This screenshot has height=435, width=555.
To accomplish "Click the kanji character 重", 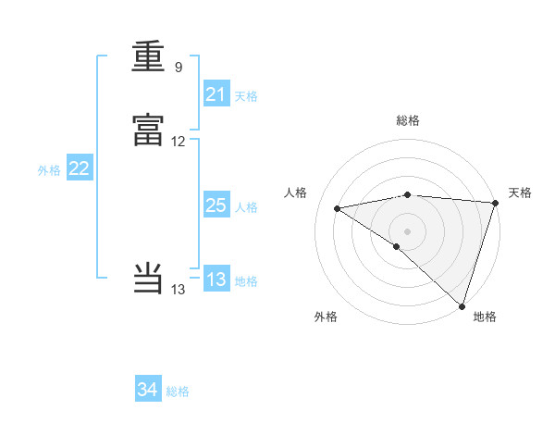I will (148, 58).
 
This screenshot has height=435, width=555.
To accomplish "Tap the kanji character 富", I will (148, 132).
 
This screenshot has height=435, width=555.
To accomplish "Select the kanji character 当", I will (148, 280).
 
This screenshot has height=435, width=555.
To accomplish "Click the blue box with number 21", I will (216, 94).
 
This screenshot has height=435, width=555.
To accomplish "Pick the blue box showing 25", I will (216, 206).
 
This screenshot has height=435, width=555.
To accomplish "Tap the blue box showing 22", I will (80, 168).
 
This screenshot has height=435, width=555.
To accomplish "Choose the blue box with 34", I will (148, 391).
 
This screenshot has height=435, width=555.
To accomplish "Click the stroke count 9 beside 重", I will (179, 68).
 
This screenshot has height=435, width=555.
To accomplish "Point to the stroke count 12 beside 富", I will (179, 142).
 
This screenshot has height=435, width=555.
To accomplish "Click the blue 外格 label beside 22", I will (49, 170).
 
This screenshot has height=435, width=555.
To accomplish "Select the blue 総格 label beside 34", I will (178, 391).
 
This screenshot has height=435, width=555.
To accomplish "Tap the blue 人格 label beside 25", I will (247, 207).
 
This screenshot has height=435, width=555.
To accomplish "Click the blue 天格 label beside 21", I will (247, 95).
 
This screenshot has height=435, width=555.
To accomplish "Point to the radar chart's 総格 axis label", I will (408, 120).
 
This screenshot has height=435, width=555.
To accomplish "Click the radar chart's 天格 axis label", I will (520, 193).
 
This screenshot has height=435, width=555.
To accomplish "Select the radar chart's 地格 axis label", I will (485, 317).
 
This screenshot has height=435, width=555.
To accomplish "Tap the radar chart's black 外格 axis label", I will (326, 317).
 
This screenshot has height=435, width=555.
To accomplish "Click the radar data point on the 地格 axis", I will (462, 306).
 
